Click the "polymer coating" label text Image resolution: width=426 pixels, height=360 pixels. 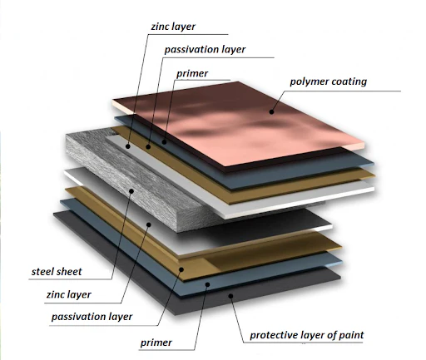(328, 81)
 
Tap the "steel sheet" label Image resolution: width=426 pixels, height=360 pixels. (57, 272)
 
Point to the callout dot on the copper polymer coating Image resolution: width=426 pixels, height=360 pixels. (271, 112)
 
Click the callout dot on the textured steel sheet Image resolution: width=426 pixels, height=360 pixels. (131, 190)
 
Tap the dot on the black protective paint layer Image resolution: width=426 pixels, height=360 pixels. (230, 296)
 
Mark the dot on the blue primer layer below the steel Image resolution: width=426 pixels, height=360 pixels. (207, 284)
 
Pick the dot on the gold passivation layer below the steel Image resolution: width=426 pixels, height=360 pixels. (181, 269)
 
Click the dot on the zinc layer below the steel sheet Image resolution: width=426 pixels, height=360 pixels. (149, 224)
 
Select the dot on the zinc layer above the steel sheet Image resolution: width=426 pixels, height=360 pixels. (128, 146)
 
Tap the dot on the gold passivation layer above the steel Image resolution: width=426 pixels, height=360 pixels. (148, 146)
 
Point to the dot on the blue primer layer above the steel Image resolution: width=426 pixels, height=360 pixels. (164, 142)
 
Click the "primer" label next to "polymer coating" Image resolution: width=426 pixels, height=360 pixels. (192, 74)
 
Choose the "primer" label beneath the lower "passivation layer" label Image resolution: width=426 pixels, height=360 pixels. (156, 343)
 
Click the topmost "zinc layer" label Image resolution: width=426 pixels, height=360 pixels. (173, 27)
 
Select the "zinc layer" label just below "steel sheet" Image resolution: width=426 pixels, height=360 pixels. (69, 294)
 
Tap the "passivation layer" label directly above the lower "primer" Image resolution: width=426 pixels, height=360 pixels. (92, 317)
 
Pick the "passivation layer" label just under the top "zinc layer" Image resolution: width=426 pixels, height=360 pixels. (205, 50)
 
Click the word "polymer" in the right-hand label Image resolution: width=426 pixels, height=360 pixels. (308, 82)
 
